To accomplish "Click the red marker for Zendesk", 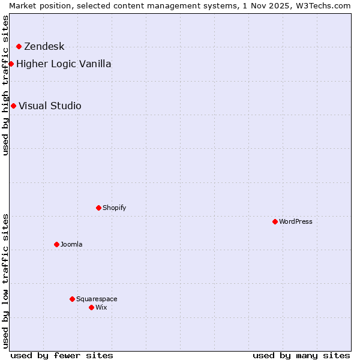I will (x=19, y=46).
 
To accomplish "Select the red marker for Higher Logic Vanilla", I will (x=11, y=64).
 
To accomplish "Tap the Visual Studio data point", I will (x=13, y=106).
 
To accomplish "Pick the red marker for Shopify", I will (x=98, y=208).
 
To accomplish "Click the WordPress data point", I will (x=275, y=221).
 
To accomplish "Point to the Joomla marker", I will (x=56, y=244).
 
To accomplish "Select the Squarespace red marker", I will (x=72, y=299).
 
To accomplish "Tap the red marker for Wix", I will (x=91, y=307).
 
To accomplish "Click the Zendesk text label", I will (x=44, y=47).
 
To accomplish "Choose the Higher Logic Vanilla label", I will (x=64, y=64).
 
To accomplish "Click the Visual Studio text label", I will (x=50, y=106).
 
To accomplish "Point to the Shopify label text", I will (x=114, y=208).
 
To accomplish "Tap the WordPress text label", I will (x=296, y=222).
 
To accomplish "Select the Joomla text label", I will (x=71, y=245).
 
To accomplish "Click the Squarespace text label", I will (x=97, y=299).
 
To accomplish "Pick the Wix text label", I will (x=101, y=308).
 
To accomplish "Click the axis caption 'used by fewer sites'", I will (x=62, y=355).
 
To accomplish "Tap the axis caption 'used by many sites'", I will (x=301, y=355).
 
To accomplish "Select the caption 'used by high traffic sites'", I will (x=6, y=85).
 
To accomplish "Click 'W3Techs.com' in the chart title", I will (x=323, y=5).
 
